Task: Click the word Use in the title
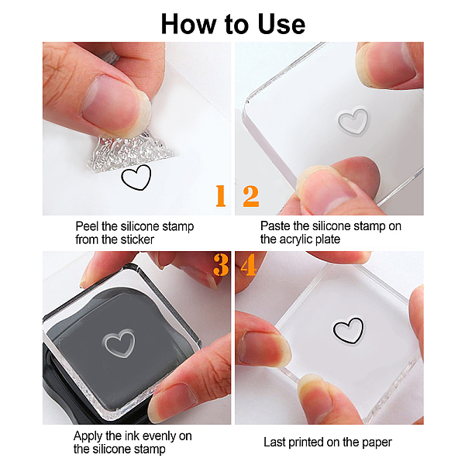[x=281, y=24]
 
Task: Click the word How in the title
[x=189, y=24]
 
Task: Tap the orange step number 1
[x=221, y=195]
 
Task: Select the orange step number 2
[x=251, y=196]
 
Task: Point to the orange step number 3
[x=221, y=265]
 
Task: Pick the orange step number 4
[x=249, y=265]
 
